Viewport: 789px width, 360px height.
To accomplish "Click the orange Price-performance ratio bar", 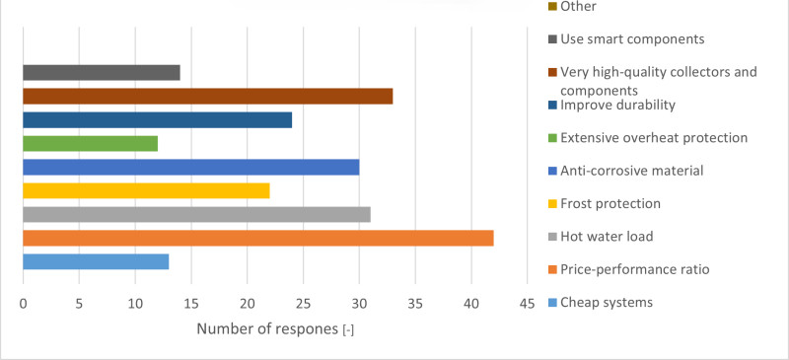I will tap(257, 238).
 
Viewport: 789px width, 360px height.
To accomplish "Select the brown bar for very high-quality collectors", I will tap(207, 96).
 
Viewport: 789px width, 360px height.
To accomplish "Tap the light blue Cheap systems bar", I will tap(96, 261).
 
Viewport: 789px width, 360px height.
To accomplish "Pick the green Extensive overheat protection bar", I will tap(90, 143).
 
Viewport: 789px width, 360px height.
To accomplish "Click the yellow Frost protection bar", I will tap(146, 190).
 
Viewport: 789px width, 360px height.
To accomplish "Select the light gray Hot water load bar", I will tap(196, 214).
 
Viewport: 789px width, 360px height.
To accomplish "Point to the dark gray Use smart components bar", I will tap(101, 72).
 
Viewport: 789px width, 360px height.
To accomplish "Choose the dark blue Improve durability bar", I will tap(157, 119).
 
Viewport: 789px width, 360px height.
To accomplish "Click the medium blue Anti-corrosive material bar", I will tap(190, 167).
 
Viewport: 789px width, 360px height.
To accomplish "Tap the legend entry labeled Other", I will tap(584, 7).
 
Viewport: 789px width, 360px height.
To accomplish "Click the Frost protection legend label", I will tap(610, 203).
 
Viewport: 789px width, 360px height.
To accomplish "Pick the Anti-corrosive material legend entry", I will tap(630, 171).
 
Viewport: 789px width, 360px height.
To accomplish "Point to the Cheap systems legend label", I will tap(606, 302).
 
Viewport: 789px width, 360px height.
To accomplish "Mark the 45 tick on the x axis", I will tap(527, 304).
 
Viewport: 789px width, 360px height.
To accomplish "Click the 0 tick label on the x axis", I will tap(23, 304).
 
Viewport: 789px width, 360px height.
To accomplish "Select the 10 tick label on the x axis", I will tap(135, 304).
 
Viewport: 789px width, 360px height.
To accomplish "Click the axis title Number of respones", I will tap(275, 329).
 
